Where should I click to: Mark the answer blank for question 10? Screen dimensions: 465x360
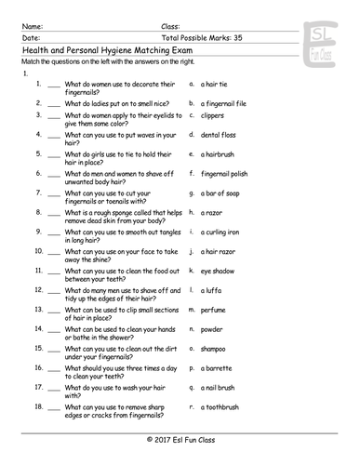tap(53, 252)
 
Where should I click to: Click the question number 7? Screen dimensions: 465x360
tap(38, 192)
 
